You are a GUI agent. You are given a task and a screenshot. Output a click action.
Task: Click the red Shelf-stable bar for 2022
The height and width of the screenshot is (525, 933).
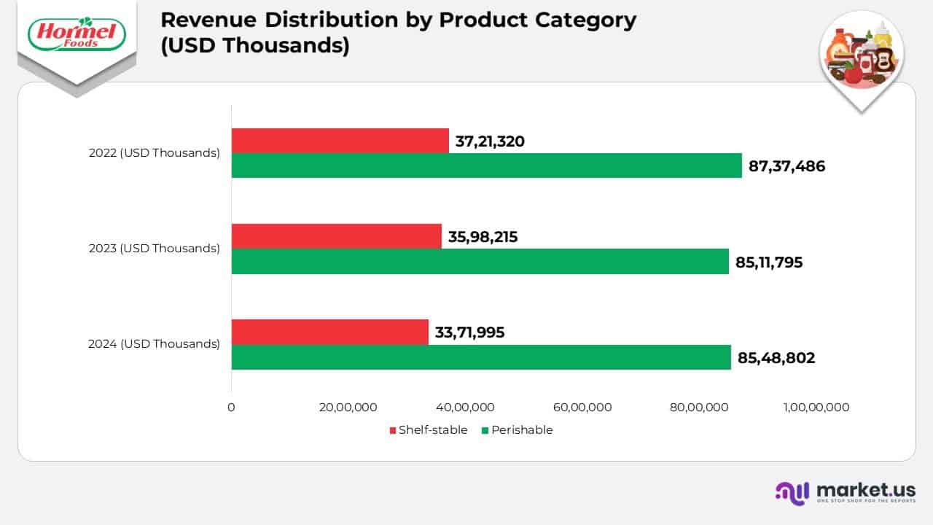pos(340,141)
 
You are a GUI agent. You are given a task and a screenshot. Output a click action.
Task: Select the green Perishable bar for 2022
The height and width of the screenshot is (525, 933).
pos(486,166)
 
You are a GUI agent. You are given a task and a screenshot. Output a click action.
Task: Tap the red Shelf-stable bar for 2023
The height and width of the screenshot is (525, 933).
pos(336,236)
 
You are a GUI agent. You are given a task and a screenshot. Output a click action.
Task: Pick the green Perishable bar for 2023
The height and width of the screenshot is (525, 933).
pos(480,261)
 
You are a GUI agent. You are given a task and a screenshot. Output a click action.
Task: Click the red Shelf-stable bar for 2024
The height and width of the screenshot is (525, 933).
pos(329,332)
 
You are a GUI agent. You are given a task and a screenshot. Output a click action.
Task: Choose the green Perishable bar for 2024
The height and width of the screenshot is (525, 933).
pos(481,357)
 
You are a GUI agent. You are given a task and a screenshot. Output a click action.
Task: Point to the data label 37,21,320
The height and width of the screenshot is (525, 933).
pos(490,141)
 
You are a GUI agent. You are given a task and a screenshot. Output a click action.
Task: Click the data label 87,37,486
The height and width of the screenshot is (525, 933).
pos(786,166)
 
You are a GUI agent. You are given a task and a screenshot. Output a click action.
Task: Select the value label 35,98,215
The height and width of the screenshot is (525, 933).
pos(483,237)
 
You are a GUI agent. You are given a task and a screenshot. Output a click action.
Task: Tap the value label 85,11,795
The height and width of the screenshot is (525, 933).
pos(769,262)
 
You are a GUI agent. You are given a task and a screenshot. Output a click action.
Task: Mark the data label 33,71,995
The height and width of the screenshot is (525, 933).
pos(469,332)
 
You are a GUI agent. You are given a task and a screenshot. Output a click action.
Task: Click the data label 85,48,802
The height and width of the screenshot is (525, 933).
pos(776,357)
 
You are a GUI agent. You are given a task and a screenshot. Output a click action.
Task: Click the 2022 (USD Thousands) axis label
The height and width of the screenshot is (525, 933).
pos(155,153)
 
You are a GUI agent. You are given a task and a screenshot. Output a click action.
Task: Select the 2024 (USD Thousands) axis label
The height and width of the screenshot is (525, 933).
pos(154,343)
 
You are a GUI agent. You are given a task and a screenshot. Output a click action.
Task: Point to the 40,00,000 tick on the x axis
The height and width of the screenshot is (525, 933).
pos(465,408)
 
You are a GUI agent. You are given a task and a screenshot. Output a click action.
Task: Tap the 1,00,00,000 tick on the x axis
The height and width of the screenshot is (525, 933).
pos(816,408)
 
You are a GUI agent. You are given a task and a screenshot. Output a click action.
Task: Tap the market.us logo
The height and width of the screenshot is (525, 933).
pos(845,492)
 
